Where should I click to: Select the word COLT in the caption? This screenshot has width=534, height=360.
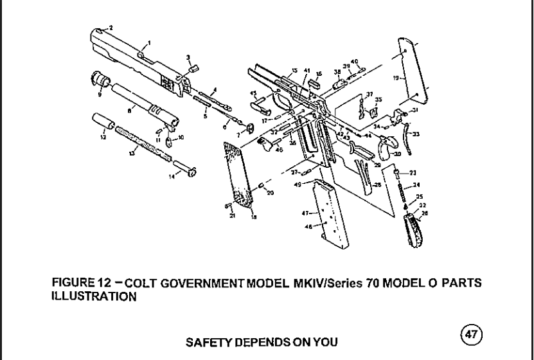click(x=143, y=283)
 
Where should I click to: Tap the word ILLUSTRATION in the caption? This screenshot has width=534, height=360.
click(x=93, y=296)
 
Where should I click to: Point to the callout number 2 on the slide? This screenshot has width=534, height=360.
click(x=111, y=28)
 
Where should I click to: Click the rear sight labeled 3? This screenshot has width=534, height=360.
click(x=196, y=66)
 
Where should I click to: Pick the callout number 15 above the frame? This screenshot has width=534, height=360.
click(x=294, y=70)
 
